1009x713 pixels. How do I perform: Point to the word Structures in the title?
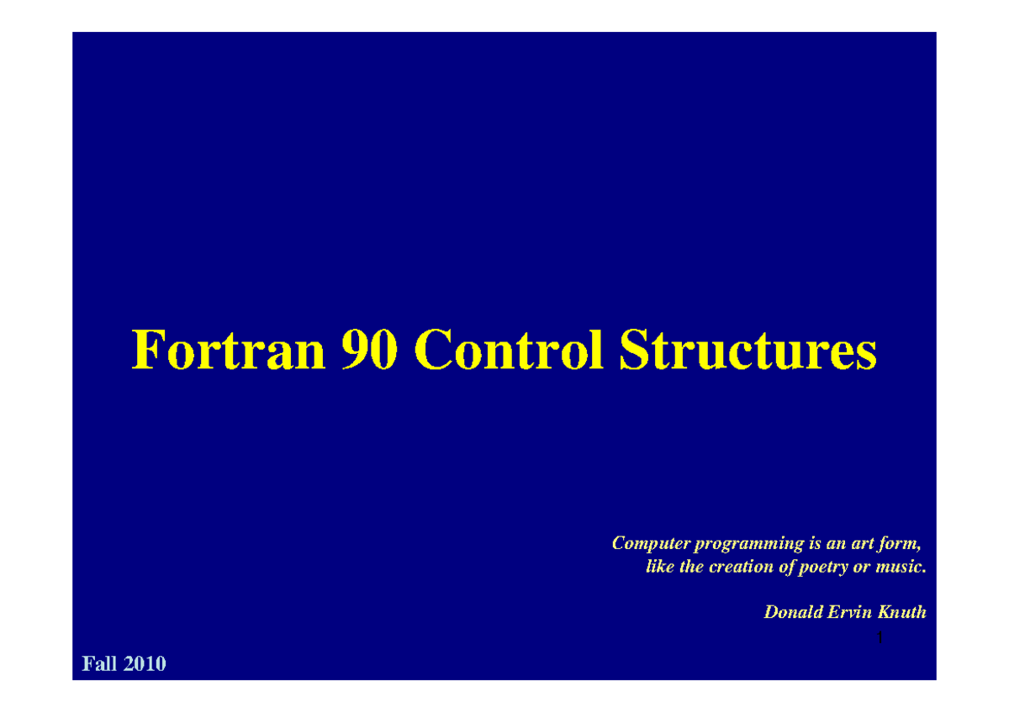click(x=748, y=351)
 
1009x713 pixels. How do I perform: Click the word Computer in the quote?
click(x=646, y=543)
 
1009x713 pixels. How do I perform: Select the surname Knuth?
click(x=902, y=612)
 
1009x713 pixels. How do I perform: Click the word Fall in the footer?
click(x=99, y=664)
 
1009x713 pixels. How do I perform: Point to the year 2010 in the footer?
click(x=145, y=664)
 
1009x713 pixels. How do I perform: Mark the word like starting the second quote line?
click(x=660, y=567)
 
